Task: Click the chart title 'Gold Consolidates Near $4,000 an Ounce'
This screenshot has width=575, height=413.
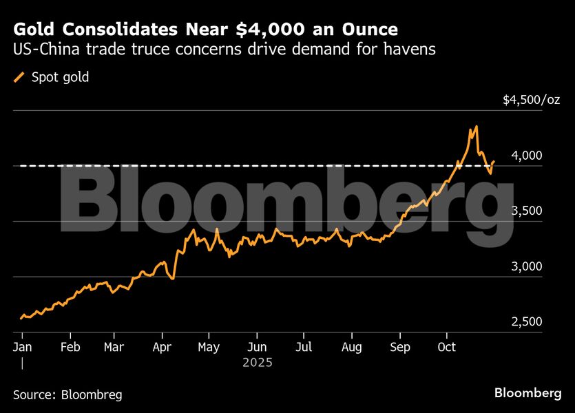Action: (x=205, y=30)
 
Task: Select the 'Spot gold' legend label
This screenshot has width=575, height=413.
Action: (x=61, y=77)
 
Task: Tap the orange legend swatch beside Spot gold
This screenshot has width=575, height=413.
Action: (x=20, y=77)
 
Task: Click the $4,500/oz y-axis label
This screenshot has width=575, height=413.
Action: (x=531, y=100)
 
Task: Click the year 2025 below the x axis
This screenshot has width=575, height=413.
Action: (x=258, y=362)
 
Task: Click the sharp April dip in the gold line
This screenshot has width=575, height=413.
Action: (x=172, y=278)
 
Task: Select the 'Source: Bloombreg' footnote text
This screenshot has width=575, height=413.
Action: (x=67, y=395)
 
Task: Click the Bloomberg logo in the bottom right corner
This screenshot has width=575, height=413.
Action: (x=527, y=393)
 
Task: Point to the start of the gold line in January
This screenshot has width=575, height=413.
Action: (x=21, y=319)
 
